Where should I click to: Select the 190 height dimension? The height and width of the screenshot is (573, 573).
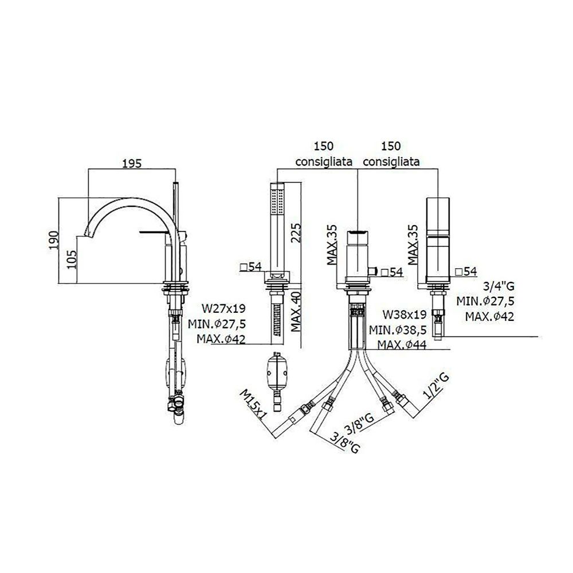(53, 240)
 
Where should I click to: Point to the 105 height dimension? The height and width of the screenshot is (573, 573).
(72, 259)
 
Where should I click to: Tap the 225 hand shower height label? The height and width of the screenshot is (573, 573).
(296, 233)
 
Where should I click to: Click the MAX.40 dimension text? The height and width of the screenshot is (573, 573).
(296, 311)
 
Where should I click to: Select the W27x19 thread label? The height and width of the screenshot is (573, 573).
(223, 308)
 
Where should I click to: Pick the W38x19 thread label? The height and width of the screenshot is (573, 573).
(405, 314)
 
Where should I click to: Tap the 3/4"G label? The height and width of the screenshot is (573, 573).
(499, 286)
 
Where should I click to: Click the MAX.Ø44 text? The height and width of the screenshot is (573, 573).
(402, 344)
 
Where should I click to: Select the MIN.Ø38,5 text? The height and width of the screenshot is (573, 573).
(398, 329)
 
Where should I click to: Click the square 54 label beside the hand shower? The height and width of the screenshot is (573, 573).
(251, 267)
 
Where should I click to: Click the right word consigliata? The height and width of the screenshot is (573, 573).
(391, 162)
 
